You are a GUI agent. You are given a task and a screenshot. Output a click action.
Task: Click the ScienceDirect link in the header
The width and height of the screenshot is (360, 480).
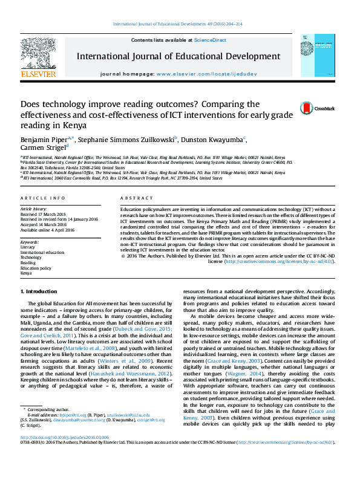(x=210, y=40)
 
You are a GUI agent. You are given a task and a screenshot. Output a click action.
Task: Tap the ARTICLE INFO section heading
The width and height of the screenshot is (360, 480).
(x=43, y=198)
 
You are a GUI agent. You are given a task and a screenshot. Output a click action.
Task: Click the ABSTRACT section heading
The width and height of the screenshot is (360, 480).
(x=133, y=198)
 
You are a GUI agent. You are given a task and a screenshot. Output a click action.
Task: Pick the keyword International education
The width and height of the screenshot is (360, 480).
(x=42, y=252)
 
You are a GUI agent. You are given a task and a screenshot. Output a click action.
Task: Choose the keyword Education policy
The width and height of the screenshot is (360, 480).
(x=36, y=268)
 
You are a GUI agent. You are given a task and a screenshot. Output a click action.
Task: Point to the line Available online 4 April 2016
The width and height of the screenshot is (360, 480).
(x=49, y=229)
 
